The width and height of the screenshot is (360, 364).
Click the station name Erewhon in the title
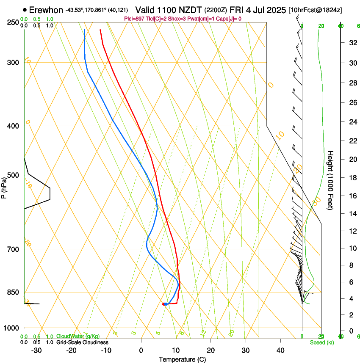tap(46, 10)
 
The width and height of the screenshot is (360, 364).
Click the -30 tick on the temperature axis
tap(37, 350)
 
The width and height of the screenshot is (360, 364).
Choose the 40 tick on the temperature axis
tap(280, 350)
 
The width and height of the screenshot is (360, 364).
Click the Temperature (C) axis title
tap(182, 359)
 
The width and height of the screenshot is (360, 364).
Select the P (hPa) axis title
tap(4, 186)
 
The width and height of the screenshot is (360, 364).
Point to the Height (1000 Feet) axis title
tap(330, 180)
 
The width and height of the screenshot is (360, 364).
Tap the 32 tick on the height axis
tap(352, 42)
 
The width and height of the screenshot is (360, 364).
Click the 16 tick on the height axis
tap(352, 196)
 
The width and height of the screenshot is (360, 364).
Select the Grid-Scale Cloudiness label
tap(82, 342)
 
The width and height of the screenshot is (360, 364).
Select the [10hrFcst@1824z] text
tap(316, 10)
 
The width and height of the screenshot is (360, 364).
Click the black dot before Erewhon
tap(25, 10)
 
